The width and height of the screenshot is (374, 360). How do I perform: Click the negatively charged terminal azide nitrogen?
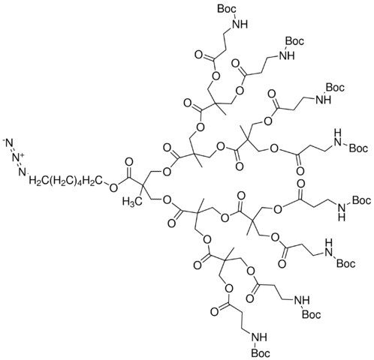tap(8, 142)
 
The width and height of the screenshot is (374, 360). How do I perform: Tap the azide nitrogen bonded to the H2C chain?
tap(23, 172)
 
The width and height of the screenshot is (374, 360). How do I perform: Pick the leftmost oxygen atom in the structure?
tap(113, 187)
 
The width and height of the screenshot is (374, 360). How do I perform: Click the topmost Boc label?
tap(227, 9)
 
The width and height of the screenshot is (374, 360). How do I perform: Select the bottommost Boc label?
tap(261, 353)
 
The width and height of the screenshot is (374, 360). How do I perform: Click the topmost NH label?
tap(240, 24)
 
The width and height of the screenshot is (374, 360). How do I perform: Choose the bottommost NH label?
tap(260, 338)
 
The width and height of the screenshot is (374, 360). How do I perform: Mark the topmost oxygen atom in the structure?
tap(198, 55)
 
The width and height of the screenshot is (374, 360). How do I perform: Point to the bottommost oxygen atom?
tap(215, 312)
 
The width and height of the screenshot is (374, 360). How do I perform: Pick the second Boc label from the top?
tap(294, 40)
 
